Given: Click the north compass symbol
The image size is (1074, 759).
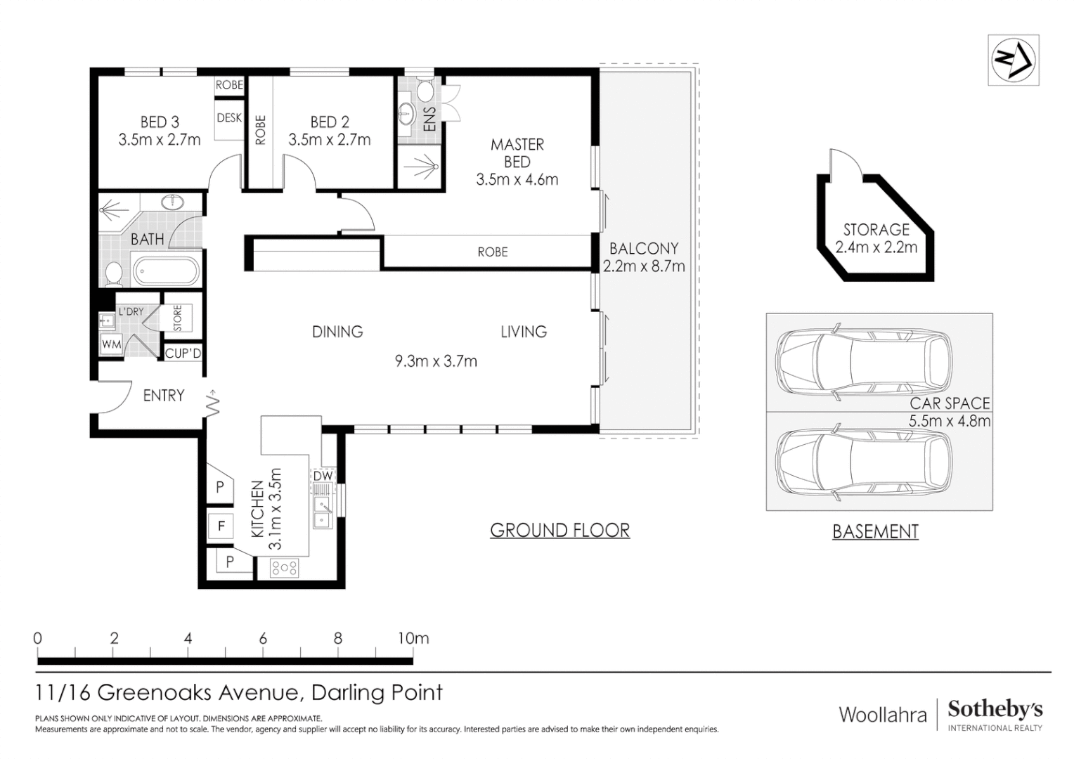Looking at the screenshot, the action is pyautogui.click(x=1013, y=60).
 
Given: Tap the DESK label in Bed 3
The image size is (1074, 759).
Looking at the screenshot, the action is pyautogui.click(x=229, y=118).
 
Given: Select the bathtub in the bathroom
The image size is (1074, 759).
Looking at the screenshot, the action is pyautogui.click(x=166, y=272).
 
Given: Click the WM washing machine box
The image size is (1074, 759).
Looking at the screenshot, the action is pyautogui.click(x=111, y=344).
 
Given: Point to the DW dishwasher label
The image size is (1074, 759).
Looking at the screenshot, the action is pyautogui.click(x=323, y=476).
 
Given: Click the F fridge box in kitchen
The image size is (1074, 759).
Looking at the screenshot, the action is pyautogui.click(x=221, y=526).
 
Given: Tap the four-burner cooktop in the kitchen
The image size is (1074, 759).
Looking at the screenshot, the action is pyautogui.click(x=285, y=568).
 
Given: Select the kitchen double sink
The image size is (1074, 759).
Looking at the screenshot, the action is pyautogui.click(x=323, y=512).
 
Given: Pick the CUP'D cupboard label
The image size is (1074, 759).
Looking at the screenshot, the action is pyautogui.click(x=183, y=353).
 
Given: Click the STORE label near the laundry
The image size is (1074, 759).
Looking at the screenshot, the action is pyautogui.click(x=178, y=318).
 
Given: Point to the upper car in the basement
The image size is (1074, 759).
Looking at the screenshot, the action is pyautogui.click(x=864, y=362).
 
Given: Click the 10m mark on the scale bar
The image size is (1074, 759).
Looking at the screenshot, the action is pyautogui.click(x=413, y=638).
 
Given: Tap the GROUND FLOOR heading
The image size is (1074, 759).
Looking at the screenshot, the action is pyautogui.click(x=559, y=531).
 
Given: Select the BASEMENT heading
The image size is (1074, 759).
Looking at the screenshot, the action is pyautogui.click(x=875, y=532).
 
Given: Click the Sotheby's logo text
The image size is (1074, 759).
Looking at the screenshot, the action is pyautogui.click(x=995, y=710).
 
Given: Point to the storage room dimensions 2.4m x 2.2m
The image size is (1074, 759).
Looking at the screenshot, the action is pyautogui.click(x=876, y=247).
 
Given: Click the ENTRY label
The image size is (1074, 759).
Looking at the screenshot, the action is pyautogui.click(x=164, y=396).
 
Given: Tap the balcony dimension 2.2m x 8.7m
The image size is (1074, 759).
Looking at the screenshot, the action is pyautogui.click(x=643, y=266).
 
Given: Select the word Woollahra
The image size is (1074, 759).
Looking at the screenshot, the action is pyautogui.click(x=883, y=715).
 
